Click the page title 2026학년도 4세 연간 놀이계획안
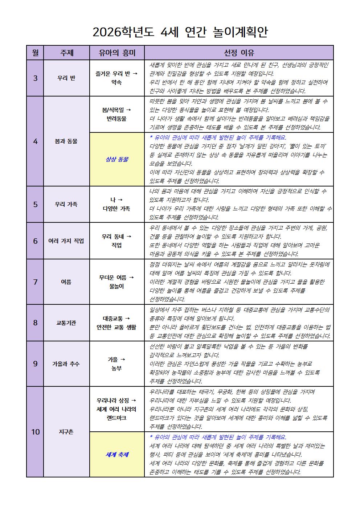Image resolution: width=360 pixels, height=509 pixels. [180, 32]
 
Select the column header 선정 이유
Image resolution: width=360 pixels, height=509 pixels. [239, 53]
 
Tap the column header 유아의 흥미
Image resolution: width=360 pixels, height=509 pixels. [117, 53]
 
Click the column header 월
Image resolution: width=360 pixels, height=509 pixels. [35, 53]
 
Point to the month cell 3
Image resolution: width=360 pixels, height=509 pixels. [35, 78]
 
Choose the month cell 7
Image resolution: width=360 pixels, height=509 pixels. [35, 282]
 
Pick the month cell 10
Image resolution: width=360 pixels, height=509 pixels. [35, 432]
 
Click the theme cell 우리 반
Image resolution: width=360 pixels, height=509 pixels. [66, 78]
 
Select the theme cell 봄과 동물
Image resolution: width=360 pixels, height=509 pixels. [66, 141]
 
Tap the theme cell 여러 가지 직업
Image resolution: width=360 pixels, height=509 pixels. [66, 241]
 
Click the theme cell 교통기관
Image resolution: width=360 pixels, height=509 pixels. [66, 323]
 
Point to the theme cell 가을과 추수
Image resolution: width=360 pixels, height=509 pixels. [66, 364]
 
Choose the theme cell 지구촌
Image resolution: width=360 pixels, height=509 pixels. [66, 432]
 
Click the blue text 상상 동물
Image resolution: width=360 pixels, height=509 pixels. [117, 159]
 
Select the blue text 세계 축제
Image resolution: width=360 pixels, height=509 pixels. [117, 455]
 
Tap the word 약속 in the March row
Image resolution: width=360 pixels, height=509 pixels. [117, 83]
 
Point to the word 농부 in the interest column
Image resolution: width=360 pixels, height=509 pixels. [117, 368]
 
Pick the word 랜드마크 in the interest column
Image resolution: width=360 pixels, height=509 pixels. [117, 418]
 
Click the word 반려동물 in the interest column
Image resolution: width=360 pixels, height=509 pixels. [117, 119]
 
